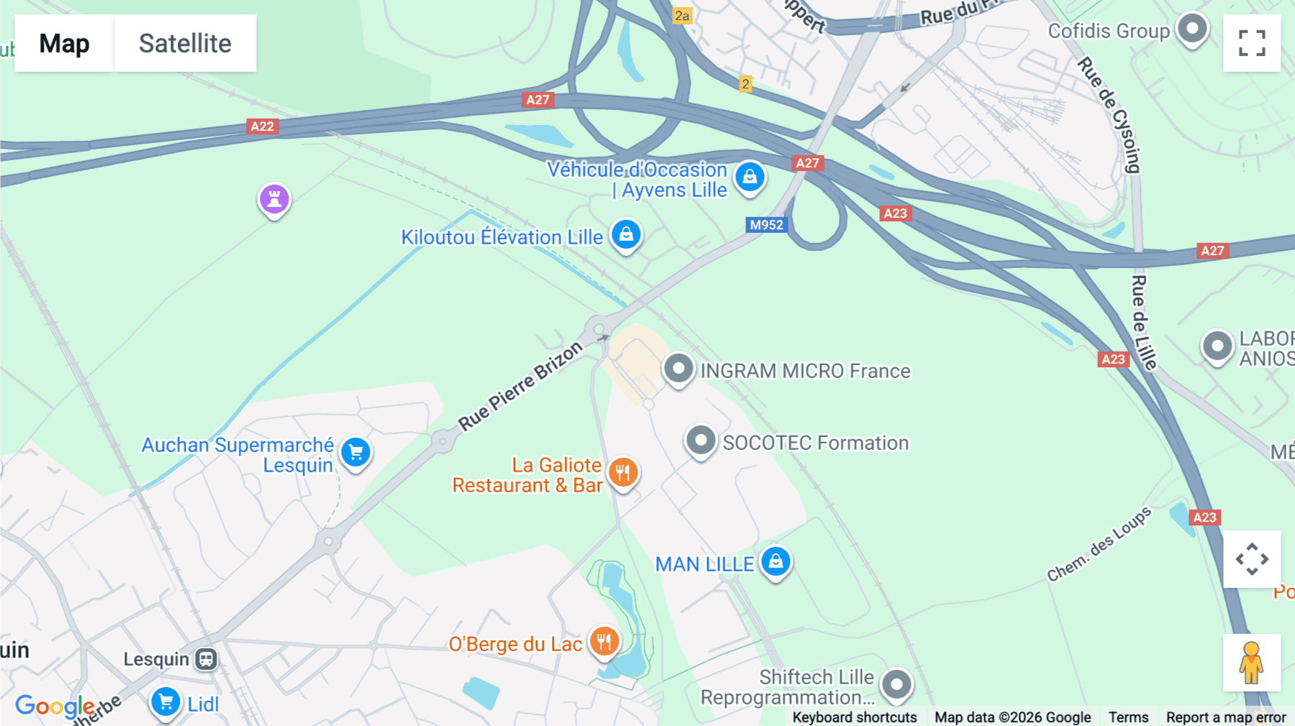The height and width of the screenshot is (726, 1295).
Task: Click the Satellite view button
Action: [x=185, y=43]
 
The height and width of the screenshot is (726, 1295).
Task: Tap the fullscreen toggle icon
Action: [x=1252, y=43]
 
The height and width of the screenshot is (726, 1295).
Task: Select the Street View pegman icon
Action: [x=1252, y=663]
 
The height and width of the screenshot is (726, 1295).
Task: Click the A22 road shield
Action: [x=262, y=127]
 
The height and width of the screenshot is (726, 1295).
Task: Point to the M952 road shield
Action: [x=766, y=225]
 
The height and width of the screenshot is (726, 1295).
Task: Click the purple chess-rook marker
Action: [x=274, y=199]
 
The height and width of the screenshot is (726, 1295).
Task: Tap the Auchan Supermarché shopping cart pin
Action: [x=355, y=453]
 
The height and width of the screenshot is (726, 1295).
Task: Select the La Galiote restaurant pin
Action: [x=623, y=473]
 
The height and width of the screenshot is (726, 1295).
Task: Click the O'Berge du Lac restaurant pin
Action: [x=604, y=641]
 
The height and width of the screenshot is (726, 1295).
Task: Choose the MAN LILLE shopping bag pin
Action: [x=776, y=561]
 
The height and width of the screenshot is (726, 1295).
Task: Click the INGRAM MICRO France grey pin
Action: [x=678, y=369]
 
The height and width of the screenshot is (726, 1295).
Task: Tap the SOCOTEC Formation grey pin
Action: [x=700, y=441]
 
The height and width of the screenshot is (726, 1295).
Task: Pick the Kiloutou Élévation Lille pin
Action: [x=626, y=234]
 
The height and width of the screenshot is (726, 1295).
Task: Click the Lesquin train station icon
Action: [x=206, y=659]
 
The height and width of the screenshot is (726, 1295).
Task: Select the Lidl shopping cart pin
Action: [x=165, y=702]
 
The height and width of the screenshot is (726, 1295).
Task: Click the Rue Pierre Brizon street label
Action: [x=520, y=386]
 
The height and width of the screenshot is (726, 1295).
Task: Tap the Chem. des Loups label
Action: [x=1099, y=544]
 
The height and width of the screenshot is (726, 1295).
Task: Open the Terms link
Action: [x=1128, y=717]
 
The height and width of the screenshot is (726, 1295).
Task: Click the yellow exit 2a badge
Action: [x=682, y=16]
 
